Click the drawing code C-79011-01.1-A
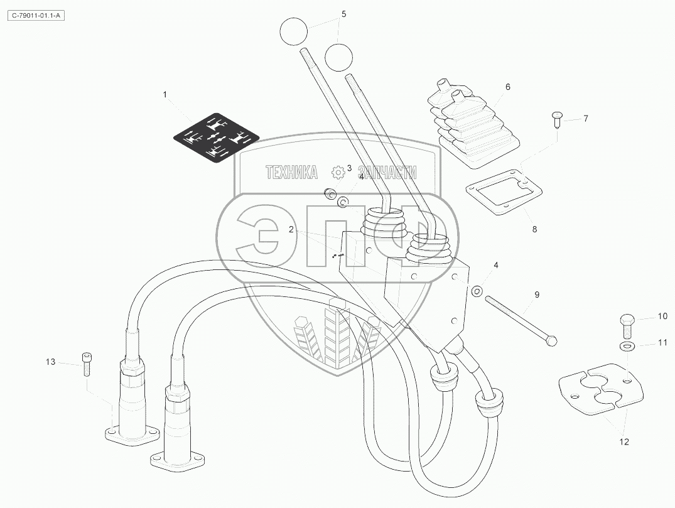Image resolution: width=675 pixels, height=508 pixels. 36,16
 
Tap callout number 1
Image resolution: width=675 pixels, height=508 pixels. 165,95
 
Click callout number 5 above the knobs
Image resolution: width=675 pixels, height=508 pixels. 343,13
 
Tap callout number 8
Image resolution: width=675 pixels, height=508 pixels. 535,230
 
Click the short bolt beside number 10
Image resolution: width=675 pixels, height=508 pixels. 627,324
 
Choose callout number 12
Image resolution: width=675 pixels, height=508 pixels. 624,442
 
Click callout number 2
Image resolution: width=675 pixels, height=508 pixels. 291,230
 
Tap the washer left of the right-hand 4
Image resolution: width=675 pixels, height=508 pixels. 477,291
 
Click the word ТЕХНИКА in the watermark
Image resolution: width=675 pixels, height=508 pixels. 291,173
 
